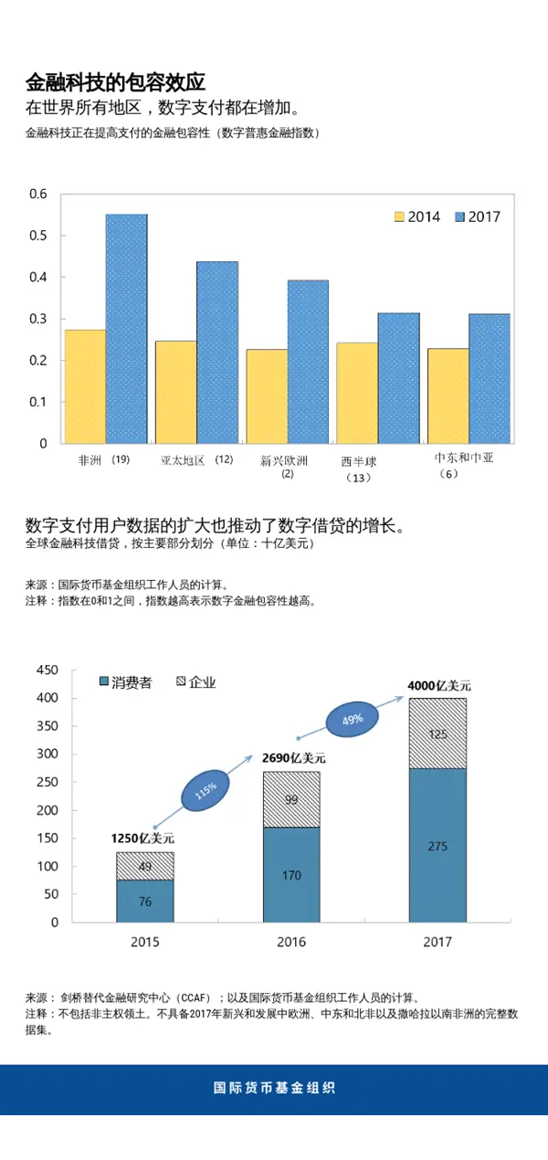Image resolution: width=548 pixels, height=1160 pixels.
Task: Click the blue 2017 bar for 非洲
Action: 126,329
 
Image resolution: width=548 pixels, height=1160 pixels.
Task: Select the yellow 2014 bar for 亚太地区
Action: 175,392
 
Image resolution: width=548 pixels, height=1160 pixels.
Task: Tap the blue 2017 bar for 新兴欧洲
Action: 308,362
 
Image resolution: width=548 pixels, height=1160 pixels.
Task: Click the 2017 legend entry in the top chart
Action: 478,217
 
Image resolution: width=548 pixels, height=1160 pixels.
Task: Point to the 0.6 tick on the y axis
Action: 37,194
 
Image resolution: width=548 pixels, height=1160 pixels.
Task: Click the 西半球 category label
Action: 358,462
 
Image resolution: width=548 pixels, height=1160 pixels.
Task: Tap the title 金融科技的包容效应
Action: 115,82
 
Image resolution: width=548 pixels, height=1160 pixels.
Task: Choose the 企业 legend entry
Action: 195,682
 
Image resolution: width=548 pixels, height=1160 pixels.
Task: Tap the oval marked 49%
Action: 352,719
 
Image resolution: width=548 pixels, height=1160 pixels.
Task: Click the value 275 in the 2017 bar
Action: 437,846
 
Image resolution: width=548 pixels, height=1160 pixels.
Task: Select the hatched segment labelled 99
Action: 291,799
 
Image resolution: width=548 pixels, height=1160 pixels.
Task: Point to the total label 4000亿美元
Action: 439,685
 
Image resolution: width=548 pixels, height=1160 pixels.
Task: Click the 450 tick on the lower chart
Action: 47,670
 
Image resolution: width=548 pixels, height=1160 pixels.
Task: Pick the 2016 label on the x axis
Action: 291,943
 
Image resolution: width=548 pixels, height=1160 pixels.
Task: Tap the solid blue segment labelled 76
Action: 145,901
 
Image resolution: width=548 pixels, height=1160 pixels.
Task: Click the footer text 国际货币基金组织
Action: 274,1088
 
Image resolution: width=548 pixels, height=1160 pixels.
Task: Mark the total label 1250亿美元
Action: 143,838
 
